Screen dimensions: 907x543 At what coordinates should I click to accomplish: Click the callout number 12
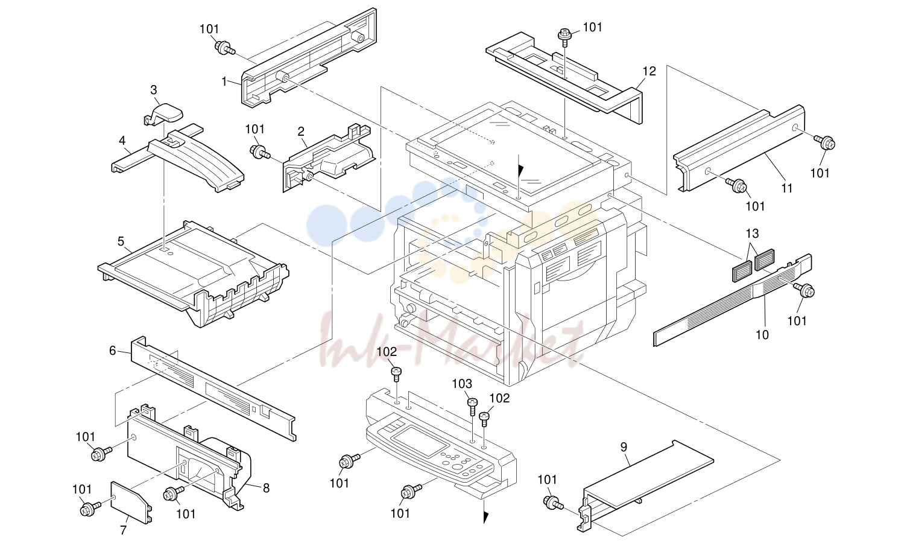649,71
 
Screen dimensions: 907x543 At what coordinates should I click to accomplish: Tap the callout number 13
753,233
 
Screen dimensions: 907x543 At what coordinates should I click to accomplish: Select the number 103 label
462,383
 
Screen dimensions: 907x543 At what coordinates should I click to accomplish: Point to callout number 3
154,89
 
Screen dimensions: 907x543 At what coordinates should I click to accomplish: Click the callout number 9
624,447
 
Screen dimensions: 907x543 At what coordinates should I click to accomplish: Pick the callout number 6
113,351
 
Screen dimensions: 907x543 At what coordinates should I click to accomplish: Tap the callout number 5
121,241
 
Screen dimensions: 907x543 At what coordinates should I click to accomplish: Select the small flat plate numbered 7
130,502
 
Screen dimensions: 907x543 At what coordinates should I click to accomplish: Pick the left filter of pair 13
741,271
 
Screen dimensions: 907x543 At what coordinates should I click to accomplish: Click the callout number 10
762,335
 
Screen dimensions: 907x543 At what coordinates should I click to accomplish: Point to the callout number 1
224,81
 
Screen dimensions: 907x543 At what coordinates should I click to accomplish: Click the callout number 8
266,488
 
